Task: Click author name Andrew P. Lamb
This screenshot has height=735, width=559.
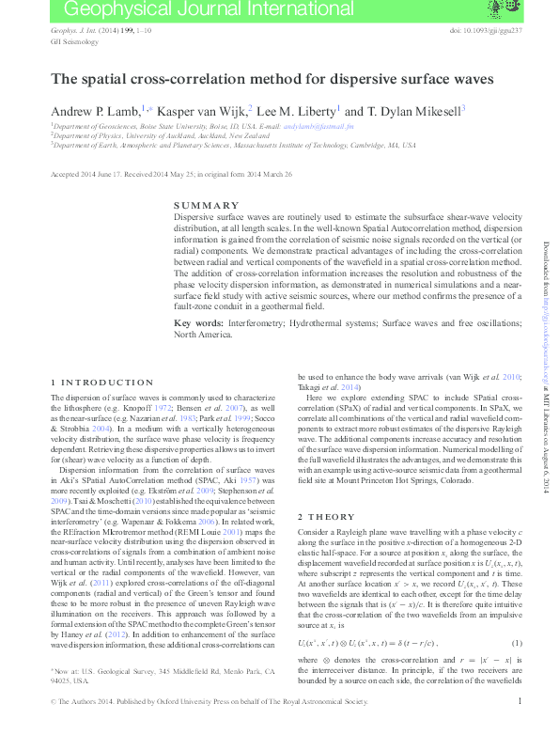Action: coord(95,110)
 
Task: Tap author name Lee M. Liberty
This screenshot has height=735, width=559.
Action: coord(296,110)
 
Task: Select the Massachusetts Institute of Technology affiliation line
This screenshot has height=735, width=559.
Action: coord(235,146)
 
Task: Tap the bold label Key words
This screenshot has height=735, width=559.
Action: coord(197,323)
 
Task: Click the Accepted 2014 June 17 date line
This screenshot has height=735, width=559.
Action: coord(171,174)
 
